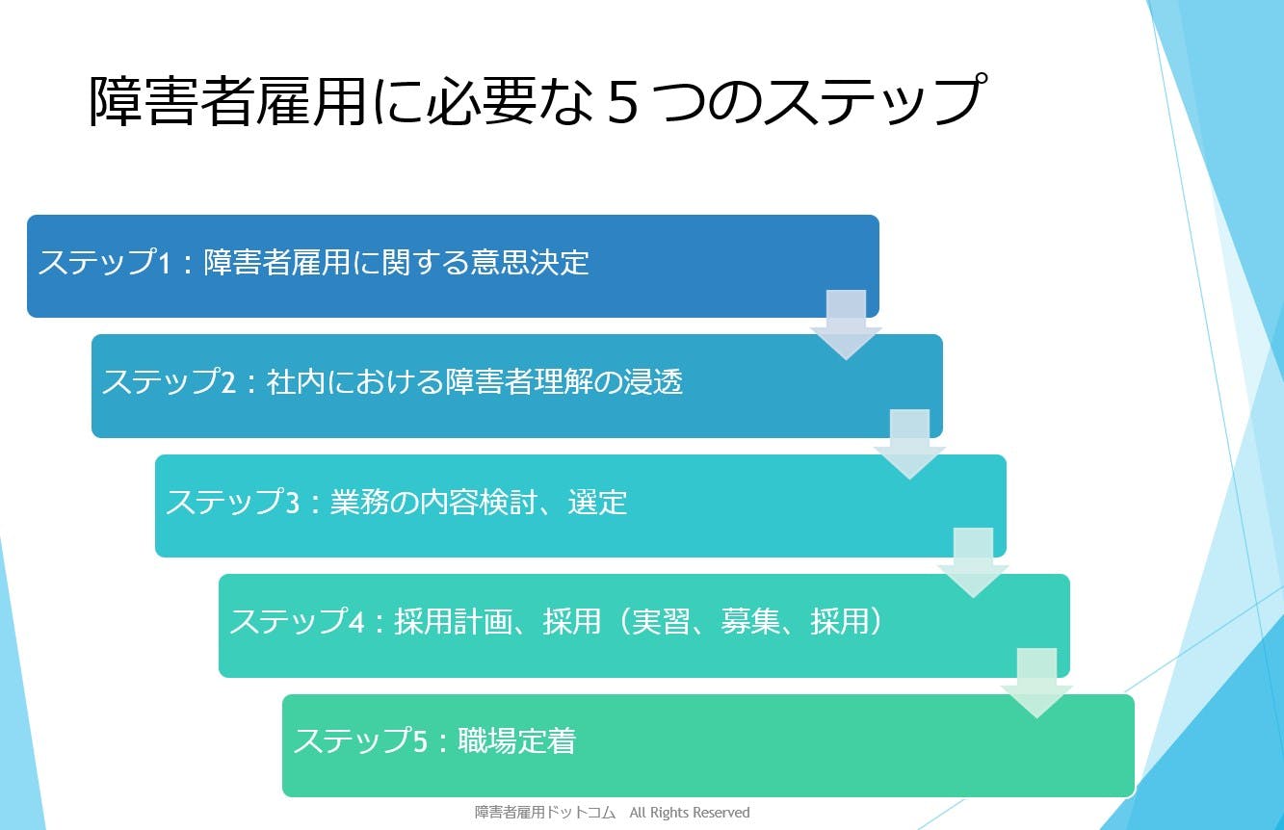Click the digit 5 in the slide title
pos(622,103)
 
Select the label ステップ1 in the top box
pos(105,262)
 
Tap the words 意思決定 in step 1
pos(530,262)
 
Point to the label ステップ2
pos(170,381)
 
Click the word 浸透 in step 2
pos(653,381)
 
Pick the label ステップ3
pos(233,502)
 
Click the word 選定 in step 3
pos(597,503)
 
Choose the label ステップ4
pos(297,621)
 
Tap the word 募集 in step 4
pos(750,621)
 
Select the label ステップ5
pos(360,740)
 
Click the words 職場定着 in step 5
pos(516,740)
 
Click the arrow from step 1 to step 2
pos(846,325)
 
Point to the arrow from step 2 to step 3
pos(909,445)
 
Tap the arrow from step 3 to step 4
pos(973,563)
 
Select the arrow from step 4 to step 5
pos(1036,684)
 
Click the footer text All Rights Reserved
pos(690,813)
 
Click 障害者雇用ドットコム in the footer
pos(544,813)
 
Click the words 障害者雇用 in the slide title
pos(227,101)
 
